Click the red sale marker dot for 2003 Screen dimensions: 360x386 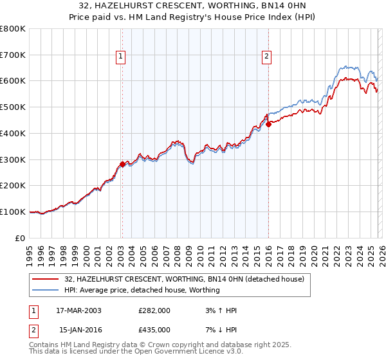(x=122, y=164)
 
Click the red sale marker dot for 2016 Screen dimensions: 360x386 (x=268, y=124)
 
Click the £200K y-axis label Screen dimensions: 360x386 (x=13, y=186)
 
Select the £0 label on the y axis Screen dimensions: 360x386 (x=21, y=238)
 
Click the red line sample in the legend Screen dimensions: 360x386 (x=46, y=279)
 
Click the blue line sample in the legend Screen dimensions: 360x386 (x=46, y=290)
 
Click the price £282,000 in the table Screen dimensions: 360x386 (x=154, y=310)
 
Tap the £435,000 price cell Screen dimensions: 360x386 (x=154, y=330)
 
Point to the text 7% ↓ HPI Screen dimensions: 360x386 (x=219, y=330)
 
